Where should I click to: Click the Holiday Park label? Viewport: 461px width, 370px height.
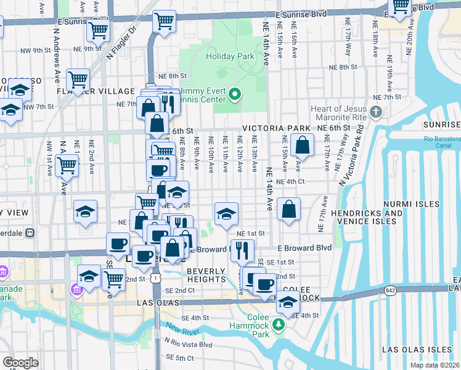pyautogui.click(x=230, y=57)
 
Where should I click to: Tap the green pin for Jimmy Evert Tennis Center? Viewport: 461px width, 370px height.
pyautogui.click(x=234, y=95)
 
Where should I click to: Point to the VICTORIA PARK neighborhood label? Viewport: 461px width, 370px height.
pyautogui.click(x=276, y=129)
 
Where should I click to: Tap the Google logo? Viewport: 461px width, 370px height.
pyautogui.click(x=20, y=363)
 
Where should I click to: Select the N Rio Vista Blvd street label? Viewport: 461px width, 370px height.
pyautogui.click(x=187, y=345)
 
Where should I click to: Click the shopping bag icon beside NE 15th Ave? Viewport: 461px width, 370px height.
pyautogui.click(x=303, y=147)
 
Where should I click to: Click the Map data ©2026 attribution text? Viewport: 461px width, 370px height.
pyautogui.click(x=434, y=365)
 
